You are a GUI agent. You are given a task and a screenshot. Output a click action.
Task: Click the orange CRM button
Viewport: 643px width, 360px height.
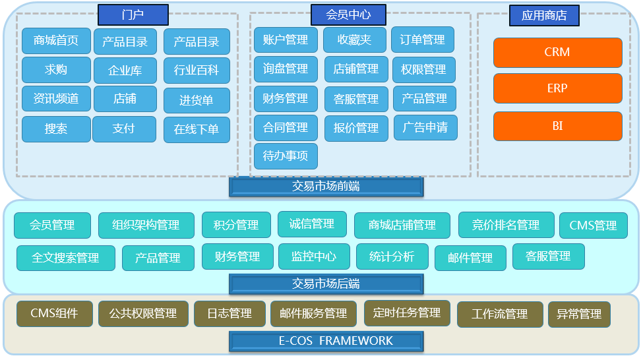pos(557,52)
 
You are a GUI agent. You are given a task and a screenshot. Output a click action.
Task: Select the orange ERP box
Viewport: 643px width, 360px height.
pos(557,88)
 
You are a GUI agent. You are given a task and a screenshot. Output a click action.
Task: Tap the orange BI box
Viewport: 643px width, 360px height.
pos(557,126)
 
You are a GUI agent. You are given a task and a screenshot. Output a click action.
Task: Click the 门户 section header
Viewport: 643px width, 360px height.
pos(133,15)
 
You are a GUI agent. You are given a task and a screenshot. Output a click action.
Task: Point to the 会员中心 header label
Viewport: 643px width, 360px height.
pos(348,15)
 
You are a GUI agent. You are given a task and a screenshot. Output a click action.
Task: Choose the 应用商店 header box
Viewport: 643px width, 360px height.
pos(543,15)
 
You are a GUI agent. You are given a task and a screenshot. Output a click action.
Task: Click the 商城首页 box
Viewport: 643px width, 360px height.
pos(55,40)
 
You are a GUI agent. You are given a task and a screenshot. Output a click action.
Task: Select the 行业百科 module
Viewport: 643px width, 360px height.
pos(197,70)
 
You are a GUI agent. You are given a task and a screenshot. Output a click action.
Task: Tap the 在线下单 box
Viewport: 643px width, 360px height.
pos(197,129)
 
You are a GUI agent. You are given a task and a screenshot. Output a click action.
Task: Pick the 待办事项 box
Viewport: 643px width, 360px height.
pos(286,157)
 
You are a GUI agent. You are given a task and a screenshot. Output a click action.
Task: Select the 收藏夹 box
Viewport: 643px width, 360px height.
pos(354,40)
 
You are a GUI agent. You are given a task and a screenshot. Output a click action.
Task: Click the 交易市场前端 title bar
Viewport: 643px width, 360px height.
pos(326,187)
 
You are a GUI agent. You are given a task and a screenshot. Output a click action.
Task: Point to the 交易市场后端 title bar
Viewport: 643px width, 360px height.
pos(326,284)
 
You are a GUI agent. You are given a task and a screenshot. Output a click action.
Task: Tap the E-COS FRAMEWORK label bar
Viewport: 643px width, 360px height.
pos(326,341)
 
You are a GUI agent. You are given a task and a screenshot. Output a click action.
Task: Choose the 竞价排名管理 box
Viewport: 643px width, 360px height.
pos(506,225)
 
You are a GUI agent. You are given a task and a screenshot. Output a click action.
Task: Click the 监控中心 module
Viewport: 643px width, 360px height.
pos(314,256)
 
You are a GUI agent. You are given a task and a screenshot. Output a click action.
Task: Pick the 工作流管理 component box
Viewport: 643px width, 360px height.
pos(499,314)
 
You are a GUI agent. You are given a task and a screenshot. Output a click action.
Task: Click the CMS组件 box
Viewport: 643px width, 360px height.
pos(54,313)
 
